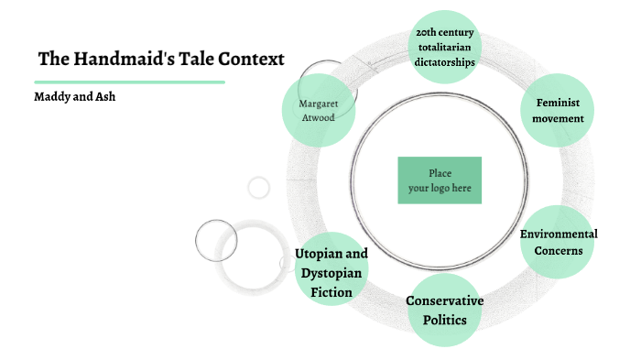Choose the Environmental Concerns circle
click(x=559, y=242)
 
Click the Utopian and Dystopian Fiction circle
click(x=331, y=273)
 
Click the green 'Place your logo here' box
click(x=440, y=180)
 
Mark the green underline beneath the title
click(x=129, y=82)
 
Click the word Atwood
click(x=318, y=118)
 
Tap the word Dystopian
click(x=331, y=273)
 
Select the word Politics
click(x=444, y=320)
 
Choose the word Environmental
click(x=559, y=234)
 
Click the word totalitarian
click(x=444, y=49)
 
